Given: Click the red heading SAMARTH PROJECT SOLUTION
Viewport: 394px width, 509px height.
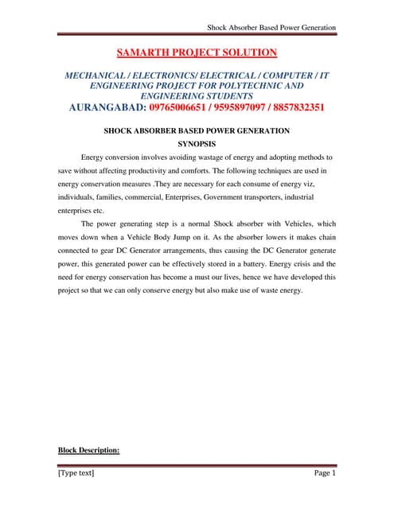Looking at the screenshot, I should (x=197, y=53).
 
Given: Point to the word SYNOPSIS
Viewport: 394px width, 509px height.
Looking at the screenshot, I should (x=197, y=145).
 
